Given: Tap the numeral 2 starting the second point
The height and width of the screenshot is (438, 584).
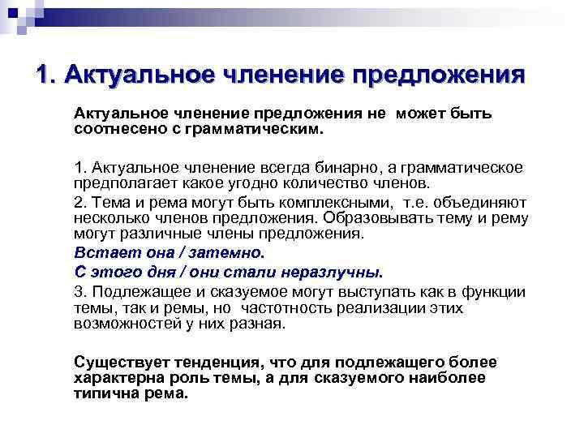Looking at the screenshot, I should [78, 202].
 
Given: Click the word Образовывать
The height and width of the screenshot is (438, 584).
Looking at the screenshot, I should [372, 217].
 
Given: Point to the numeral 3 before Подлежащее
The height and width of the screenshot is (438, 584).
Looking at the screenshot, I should [78, 292].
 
